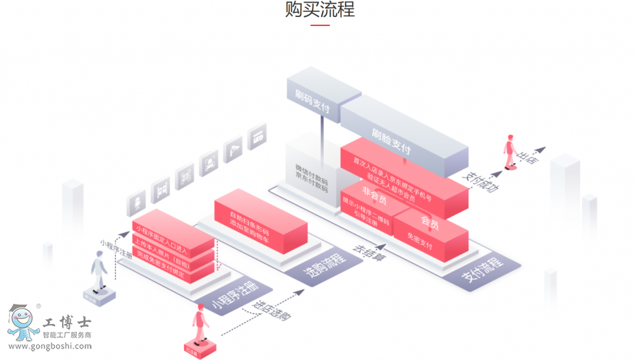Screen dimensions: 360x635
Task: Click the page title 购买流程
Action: tap(320, 10)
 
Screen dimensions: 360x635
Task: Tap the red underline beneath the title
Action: tap(320, 25)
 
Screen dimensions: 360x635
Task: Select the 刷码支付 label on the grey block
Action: tap(312, 107)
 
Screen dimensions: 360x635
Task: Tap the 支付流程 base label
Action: tap(482, 269)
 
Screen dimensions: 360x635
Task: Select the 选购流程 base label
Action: tap(323, 263)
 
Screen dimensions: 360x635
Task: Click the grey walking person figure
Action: tap(99, 272)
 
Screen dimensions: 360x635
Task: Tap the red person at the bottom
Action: tap(200, 325)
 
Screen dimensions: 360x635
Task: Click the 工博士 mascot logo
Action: tap(24, 323)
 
